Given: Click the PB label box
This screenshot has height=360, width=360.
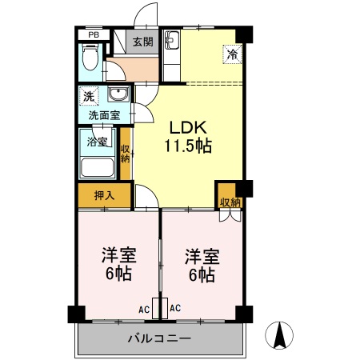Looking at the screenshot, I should [94, 34].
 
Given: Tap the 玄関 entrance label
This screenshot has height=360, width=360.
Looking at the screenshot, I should [143, 42].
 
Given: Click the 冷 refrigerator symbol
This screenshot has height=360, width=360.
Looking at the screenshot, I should [230, 55].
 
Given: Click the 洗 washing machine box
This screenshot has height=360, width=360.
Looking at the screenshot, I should [86, 97].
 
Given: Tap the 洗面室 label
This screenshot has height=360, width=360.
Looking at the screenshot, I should [104, 115].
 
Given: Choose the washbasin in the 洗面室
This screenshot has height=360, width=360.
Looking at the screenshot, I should [118, 96].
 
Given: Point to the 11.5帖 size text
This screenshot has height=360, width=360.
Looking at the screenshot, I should [188, 146].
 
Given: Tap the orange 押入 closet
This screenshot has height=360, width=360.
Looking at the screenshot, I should [104, 194].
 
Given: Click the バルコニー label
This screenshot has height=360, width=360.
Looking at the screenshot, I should [159, 338].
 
